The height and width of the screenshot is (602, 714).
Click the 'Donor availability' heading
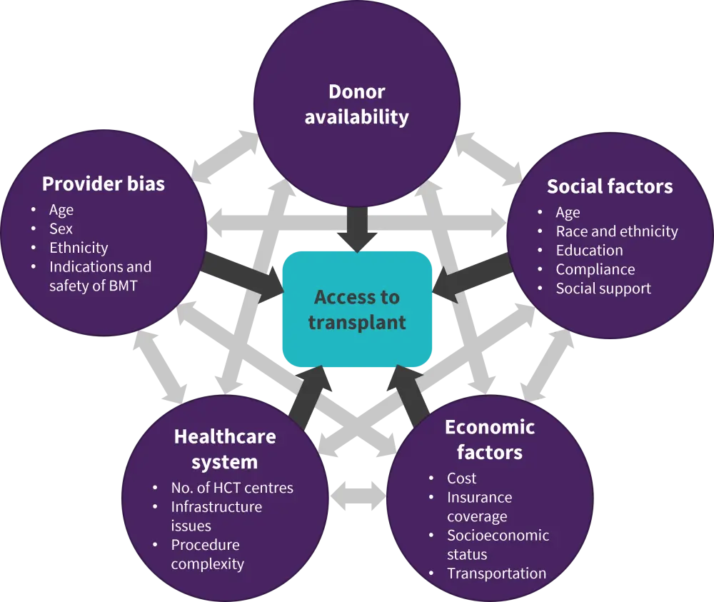(356, 104)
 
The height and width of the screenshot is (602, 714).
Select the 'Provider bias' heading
(104, 184)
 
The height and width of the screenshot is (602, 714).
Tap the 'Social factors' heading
(610, 186)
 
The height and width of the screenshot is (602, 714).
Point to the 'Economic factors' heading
(490, 439)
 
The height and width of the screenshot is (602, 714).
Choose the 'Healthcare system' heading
(225, 449)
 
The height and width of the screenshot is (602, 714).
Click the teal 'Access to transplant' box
(357, 309)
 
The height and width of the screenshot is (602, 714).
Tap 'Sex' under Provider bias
(61, 229)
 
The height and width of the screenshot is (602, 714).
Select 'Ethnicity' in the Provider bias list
(79, 248)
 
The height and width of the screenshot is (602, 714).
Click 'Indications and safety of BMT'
(100, 276)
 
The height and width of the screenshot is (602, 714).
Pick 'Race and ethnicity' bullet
(617, 231)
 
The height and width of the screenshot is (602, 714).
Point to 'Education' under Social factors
(589, 251)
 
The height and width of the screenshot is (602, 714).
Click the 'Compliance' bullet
(595, 269)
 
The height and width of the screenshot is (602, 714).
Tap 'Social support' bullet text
(603, 289)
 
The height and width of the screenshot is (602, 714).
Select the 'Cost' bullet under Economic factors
(461, 478)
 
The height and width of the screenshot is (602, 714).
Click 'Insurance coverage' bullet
(479, 506)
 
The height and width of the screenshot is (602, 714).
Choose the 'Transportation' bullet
(496, 573)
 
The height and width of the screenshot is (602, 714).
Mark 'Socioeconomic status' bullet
(498, 545)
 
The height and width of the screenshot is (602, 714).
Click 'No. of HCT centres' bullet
(232, 488)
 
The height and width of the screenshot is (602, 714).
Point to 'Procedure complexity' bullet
(207, 554)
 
